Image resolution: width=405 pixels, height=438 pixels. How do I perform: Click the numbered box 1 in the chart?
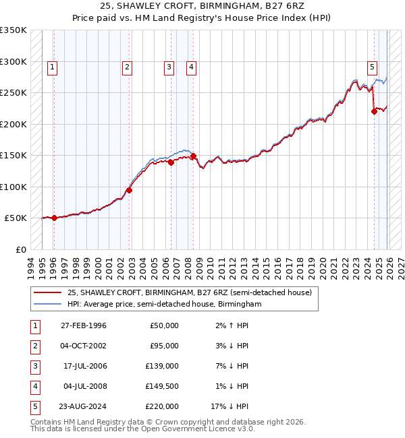(53, 67)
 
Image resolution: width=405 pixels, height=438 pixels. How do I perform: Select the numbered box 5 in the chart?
(372, 67)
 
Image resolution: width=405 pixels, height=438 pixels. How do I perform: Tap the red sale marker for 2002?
(129, 190)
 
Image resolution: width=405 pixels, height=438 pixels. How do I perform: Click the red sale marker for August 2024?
(374, 112)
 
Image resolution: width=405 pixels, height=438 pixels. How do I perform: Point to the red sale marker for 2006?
(171, 162)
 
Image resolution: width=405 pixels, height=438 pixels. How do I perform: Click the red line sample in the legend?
(47, 292)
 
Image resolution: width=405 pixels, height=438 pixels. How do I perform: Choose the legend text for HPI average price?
(164, 304)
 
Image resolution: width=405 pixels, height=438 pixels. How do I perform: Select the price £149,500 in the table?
(163, 386)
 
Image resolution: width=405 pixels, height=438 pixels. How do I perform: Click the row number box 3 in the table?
(33, 366)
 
